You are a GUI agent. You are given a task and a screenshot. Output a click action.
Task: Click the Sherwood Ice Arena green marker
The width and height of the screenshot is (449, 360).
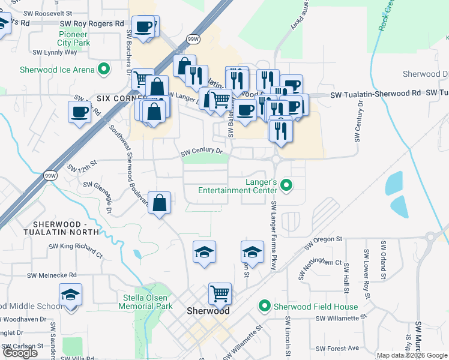click(104, 70)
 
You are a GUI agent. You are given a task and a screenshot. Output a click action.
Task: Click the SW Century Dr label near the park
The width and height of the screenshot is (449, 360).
click(202, 154)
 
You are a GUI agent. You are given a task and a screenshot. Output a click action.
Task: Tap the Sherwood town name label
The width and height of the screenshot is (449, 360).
click(208, 311)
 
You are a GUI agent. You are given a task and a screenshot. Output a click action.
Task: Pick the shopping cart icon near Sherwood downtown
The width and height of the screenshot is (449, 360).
click(220, 294)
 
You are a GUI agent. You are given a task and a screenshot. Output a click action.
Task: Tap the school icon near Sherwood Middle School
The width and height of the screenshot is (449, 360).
click(71, 295)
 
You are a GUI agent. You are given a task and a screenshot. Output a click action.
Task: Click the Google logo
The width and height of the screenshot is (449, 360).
click(20, 353)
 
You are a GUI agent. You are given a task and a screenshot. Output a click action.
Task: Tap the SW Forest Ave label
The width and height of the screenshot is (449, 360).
click(337, 348)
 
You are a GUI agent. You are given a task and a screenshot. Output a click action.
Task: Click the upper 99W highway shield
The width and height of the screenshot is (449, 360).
click(193, 39)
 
